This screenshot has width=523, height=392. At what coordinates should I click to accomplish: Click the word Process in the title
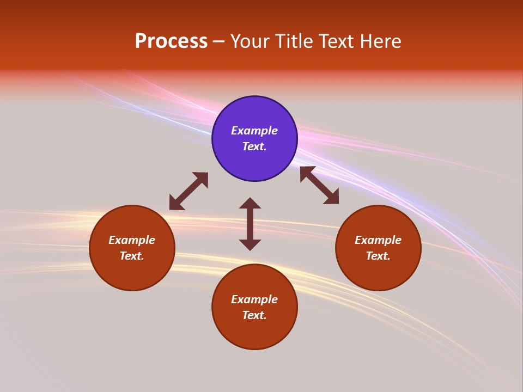pyautogui.click(x=171, y=41)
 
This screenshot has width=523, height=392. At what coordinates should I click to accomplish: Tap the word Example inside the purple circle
pyautogui.click(x=254, y=131)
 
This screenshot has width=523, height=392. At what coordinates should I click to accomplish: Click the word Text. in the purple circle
pyautogui.click(x=254, y=146)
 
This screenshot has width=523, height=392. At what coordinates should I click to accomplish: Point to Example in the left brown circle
pyautogui.click(x=132, y=240)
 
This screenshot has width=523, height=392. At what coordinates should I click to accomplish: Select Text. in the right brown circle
pyautogui.click(x=378, y=256)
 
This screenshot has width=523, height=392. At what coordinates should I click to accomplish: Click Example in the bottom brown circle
pyautogui.click(x=254, y=299)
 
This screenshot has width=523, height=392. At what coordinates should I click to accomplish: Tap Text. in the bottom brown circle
pyautogui.click(x=254, y=315)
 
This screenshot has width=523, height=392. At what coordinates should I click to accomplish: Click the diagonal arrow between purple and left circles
pyautogui.click(x=188, y=191)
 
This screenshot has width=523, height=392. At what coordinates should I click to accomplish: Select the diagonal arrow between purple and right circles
pyautogui.click(x=319, y=185)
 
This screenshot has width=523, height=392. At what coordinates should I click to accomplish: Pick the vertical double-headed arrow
pyautogui.click(x=250, y=224)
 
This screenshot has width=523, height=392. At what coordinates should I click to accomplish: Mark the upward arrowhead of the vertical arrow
pyautogui.click(x=250, y=203)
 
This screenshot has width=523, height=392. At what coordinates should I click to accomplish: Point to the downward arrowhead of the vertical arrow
pyautogui.click(x=250, y=245)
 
